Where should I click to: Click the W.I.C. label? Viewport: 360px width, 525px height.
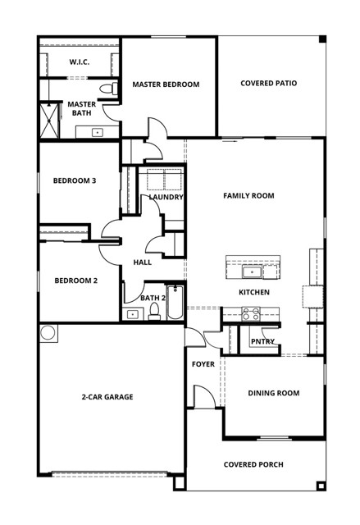[x=79, y=62]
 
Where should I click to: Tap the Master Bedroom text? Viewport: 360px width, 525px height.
[x=166, y=84]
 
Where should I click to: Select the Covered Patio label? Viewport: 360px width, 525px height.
[x=268, y=84]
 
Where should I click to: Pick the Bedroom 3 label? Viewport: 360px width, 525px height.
[x=75, y=180]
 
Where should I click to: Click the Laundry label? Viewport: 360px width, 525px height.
[x=166, y=197]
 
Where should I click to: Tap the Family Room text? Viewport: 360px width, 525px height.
[x=248, y=195]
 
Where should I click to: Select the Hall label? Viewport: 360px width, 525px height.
[x=142, y=262]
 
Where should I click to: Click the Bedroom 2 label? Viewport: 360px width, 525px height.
[x=75, y=281]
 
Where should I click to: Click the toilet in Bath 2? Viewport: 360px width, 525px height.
[x=153, y=311]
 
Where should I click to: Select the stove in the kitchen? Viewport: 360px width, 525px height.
[x=251, y=313]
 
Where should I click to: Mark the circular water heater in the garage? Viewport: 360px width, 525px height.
[x=48, y=332]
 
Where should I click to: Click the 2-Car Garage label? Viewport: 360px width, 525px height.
[x=107, y=397]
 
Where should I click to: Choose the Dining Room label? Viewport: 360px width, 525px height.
[x=274, y=393]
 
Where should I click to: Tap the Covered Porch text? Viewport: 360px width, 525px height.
[x=253, y=464]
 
